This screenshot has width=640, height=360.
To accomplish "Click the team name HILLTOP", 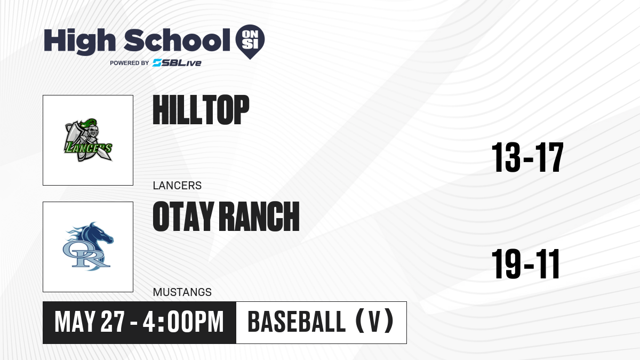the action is (201, 110).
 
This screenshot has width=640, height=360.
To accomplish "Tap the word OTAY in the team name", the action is (183, 216).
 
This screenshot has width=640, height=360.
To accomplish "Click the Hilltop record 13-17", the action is (527, 157).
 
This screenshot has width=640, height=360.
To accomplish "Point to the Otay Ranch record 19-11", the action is (525, 263).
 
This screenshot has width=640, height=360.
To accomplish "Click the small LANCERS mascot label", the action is (177, 186).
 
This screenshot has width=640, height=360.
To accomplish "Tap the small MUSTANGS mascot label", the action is (182, 292).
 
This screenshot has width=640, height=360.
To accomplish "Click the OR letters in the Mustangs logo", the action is (86, 255).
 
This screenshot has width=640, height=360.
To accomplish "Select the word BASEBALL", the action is (297, 322).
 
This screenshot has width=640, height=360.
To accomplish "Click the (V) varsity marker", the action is (374, 322).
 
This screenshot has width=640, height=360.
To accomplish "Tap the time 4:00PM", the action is (183, 322).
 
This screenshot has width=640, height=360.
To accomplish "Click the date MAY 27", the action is (90, 322).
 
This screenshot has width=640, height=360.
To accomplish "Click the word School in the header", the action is (177, 40).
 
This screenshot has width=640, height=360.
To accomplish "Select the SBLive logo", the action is (177, 63).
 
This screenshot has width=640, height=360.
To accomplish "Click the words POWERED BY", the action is (130, 63).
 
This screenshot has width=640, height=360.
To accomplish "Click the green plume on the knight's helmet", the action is (87, 123).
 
